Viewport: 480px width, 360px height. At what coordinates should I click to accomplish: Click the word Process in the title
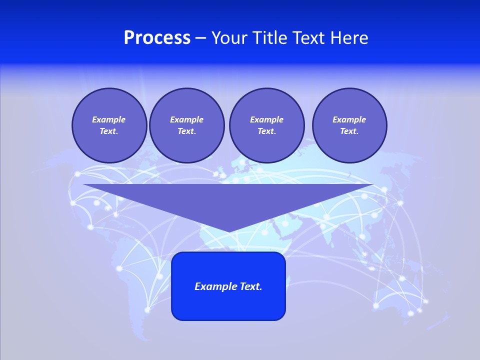tap(157, 38)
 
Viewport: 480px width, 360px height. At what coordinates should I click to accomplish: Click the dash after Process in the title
tap(201, 38)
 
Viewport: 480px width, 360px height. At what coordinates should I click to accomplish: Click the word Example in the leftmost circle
tap(109, 119)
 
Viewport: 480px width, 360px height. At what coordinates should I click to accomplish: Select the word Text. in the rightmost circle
tap(349, 131)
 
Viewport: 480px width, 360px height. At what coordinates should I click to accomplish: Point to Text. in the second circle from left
tap(186, 131)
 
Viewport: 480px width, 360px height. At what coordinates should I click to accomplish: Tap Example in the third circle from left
tap(266, 119)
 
